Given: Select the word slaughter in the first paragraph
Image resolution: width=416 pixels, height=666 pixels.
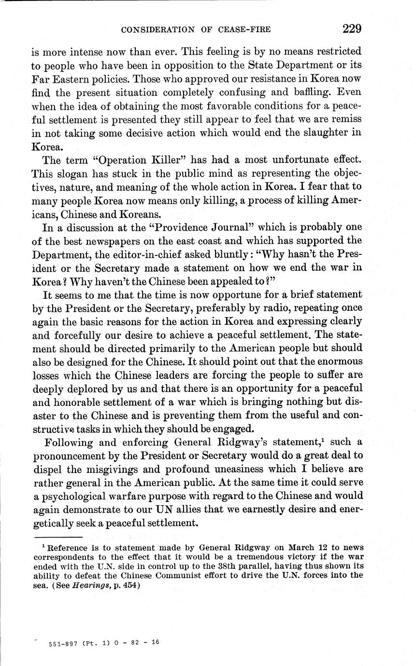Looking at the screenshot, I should (322, 133).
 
